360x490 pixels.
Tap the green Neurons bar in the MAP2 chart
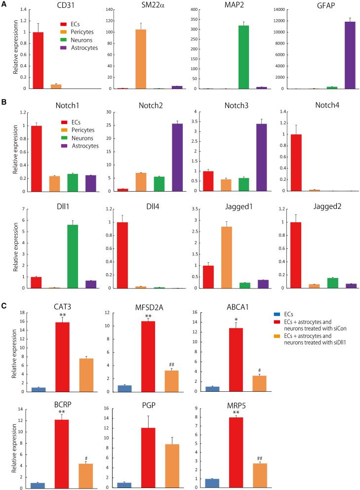click(243, 57)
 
